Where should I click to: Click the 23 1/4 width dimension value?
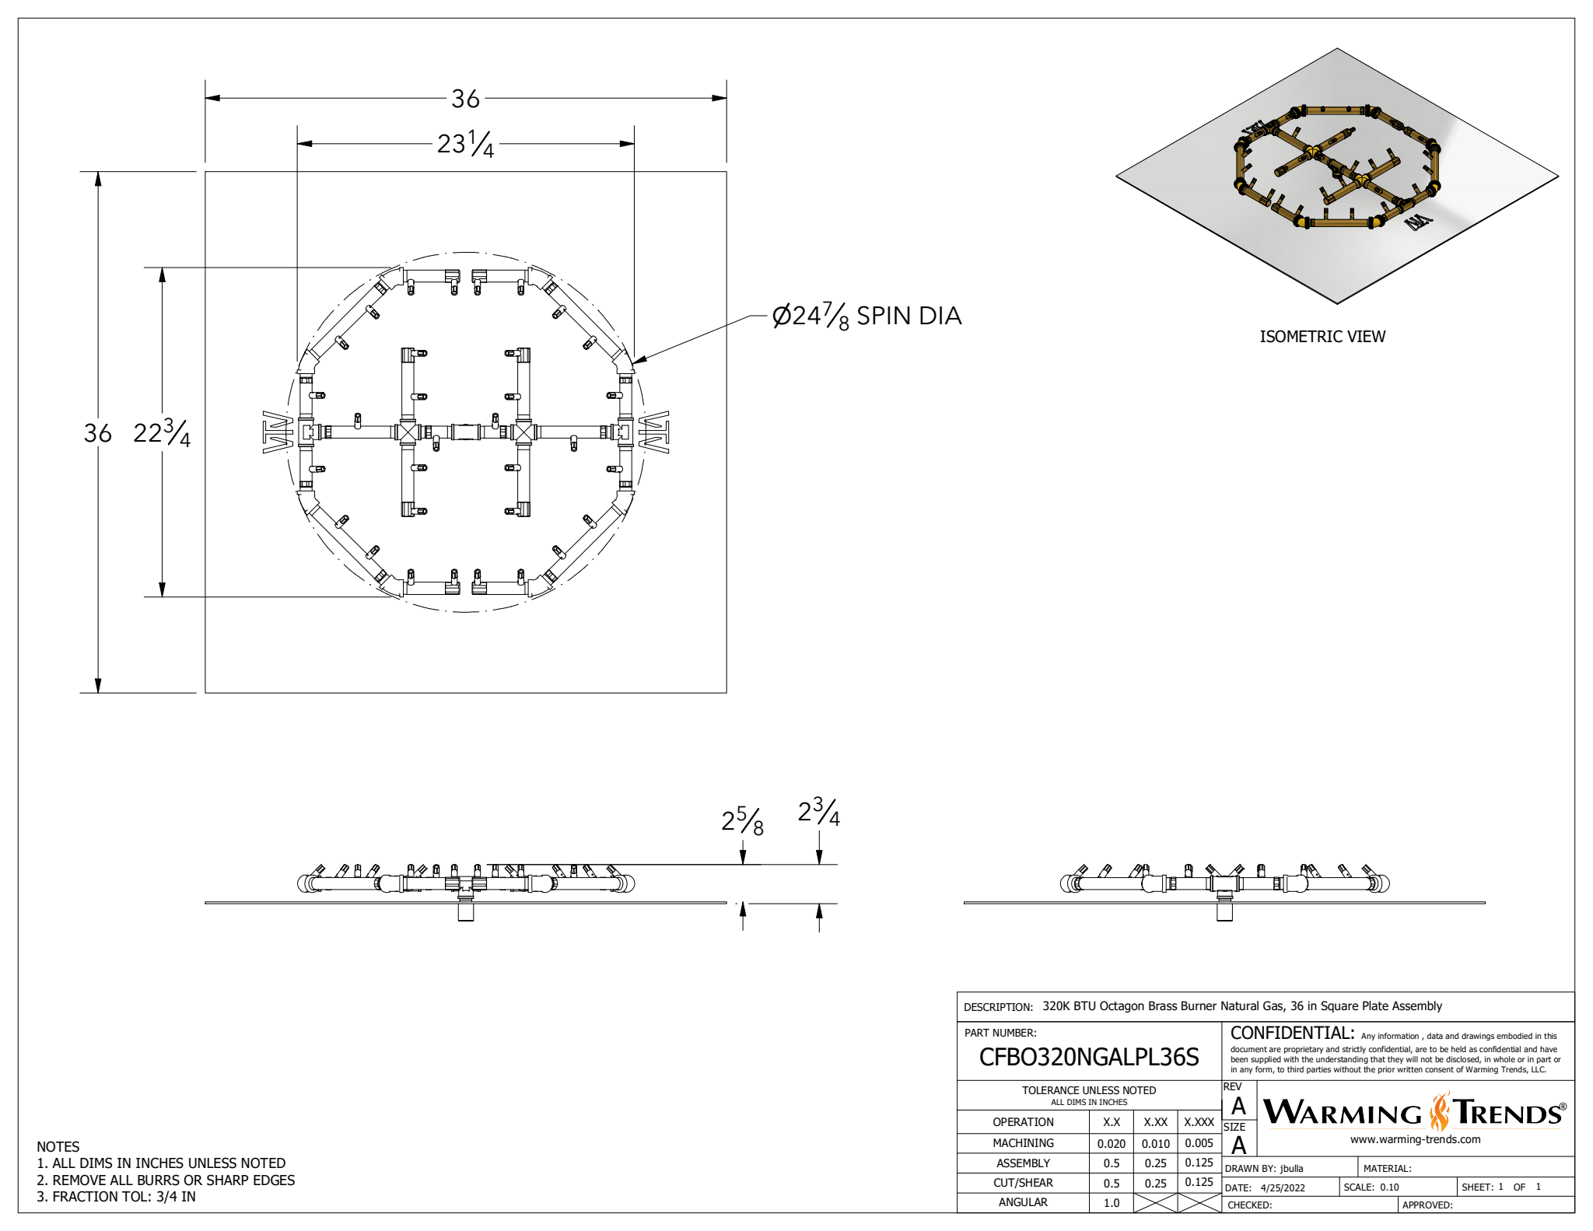(x=465, y=144)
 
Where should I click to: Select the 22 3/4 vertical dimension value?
(x=161, y=433)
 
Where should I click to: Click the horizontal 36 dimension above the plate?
(x=465, y=99)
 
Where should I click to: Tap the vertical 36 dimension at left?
(x=98, y=433)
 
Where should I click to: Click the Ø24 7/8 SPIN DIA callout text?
(x=867, y=316)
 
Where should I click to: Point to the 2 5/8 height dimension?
(x=742, y=821)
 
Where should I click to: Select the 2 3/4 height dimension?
(x=818, y=813)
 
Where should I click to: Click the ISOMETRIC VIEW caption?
(x=1322, y=337)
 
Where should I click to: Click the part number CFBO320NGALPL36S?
(x=1088, y=1057)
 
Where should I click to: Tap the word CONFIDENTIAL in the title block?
(x=1292, y=1033)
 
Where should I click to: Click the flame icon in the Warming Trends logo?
(x=1440, y=1112)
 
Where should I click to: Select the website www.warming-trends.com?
(x=1415, y=1139)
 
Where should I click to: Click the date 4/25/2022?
(x=1283, y=1187)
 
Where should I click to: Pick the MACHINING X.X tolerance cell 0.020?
(x=1111, y=1143)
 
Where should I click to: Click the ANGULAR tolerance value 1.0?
(x=1111, y=1202)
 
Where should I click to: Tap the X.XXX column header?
(x=1199, y=1122)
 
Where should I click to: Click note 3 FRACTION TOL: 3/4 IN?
(x=117, y=1197)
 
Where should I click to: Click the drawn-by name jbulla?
(x=1291, y=1168)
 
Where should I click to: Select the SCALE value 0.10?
(x=1389, y=1187)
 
